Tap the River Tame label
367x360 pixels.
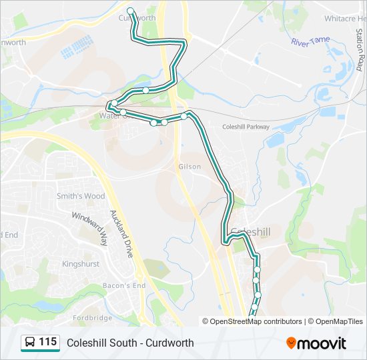tap(310, 41)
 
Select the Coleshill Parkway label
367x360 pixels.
tap(246, 127)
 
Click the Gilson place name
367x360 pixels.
tap(190, 167)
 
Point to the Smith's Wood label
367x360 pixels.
tap(81, 196)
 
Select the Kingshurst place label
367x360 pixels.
tap(80, 264)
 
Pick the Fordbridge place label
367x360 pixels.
tap(93, 318)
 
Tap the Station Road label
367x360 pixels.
tap(358, 53)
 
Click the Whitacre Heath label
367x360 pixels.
tap(344, 19)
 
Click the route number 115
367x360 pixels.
tap(47, 342)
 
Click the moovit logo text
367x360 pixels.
tap(322, 343)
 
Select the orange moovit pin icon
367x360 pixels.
tap(291, 343)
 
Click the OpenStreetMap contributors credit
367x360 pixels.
tap(252, 321)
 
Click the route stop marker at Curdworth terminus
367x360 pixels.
tap(131, 11)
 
